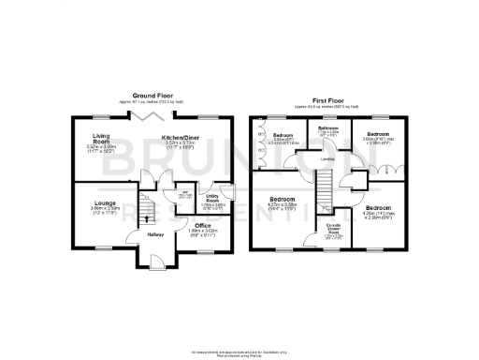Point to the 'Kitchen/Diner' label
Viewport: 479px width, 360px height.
pyautogui.click(x=177, y=138)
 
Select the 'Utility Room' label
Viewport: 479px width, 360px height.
pyautogui.click(x=212, y=198)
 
